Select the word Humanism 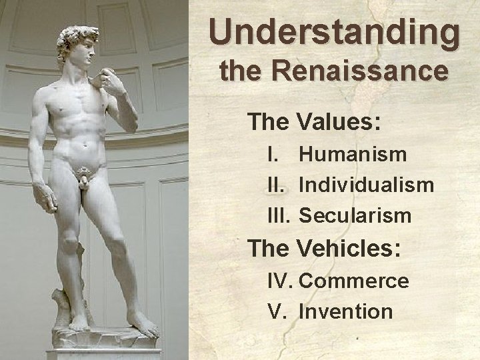[353, 155]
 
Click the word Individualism [367, 185]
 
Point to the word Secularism [355, 215]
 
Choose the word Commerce [354, 281]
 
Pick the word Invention [346, 311]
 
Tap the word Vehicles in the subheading [347, 249]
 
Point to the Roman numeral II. [276, 185]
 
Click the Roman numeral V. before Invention [275, 311]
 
